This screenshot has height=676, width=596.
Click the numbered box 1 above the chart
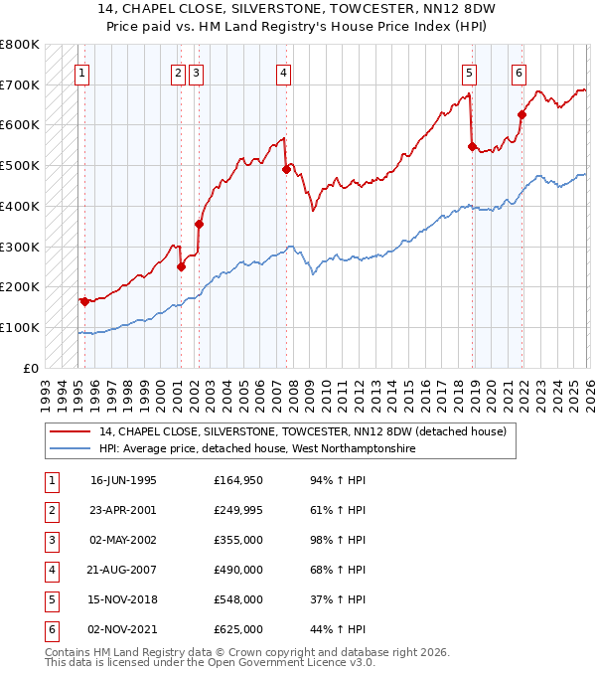point(80,72)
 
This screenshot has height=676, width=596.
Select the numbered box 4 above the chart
point(284,72)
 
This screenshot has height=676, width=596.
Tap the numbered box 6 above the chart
point(519,72)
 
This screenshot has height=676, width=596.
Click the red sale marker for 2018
point(472,146)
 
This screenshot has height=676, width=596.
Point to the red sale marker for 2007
point(286,170)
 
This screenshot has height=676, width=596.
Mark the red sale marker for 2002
point(199,225)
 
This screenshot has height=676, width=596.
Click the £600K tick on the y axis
point(20,125)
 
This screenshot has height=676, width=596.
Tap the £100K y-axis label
point(20,327)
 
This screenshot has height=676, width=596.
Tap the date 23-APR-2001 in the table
point(123,510)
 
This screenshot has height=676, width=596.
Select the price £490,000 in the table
point(237,570)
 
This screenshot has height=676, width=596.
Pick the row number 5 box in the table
point(50,599)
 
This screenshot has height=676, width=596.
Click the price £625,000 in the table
point(237,629)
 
